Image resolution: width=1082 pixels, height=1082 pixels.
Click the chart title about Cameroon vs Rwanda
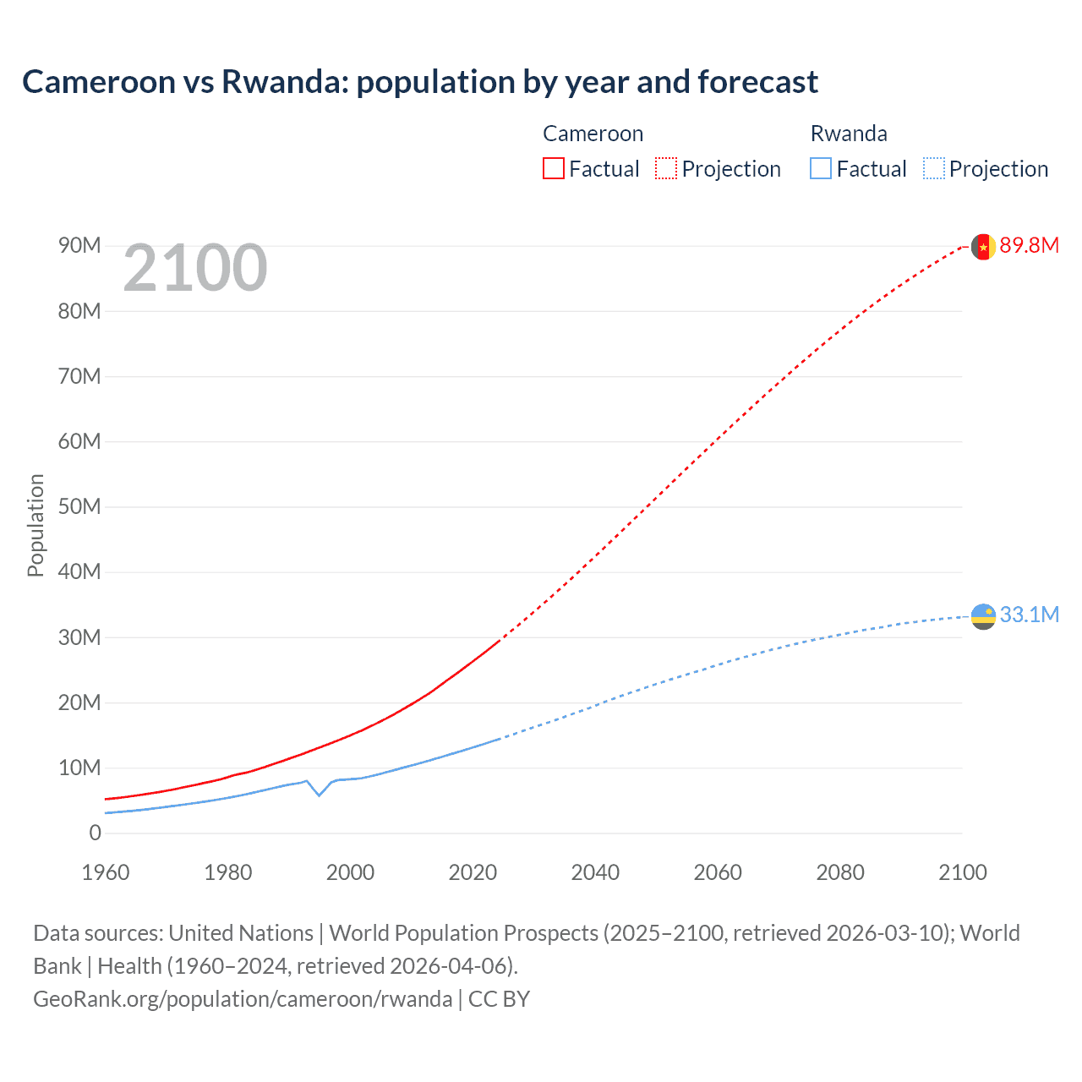(x=419, y=82)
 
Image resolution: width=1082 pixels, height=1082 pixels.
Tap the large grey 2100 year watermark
(x=195, y=268)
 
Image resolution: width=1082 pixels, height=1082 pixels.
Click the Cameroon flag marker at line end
(x=982, y=246)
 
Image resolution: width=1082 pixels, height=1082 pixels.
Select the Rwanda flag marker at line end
(x=982, y=616)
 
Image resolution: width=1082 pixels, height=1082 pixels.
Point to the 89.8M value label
(x=1029, y=245)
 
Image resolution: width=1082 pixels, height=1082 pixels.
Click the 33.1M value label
(x=1029, y=615)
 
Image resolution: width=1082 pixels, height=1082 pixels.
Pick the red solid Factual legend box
(x=553, y=168)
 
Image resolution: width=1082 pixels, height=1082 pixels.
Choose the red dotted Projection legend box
(x=666, y=168)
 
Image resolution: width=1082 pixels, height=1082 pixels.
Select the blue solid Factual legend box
(x=820, y=168)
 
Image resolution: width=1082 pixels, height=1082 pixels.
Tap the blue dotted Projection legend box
(x=934, y=168)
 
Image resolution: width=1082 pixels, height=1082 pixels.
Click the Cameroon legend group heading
(x=593, y=134)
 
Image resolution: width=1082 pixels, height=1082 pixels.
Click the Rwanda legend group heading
(x=849, y=134)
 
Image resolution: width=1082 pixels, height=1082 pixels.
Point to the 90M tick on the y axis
(x=79, y=245)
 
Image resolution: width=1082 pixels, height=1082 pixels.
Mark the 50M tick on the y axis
(x=79, y=506)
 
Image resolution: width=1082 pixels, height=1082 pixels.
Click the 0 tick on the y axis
(x=95, y=833)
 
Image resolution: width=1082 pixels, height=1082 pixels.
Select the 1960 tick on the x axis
(x=106, y=872)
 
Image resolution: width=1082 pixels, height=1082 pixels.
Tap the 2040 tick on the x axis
(x=595, y=872)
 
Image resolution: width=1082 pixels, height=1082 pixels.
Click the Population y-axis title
(x=36, y=525)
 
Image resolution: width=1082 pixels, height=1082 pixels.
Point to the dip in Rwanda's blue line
(x=319, y=795)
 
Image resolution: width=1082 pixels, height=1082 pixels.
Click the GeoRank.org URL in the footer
(x=243, y=999)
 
